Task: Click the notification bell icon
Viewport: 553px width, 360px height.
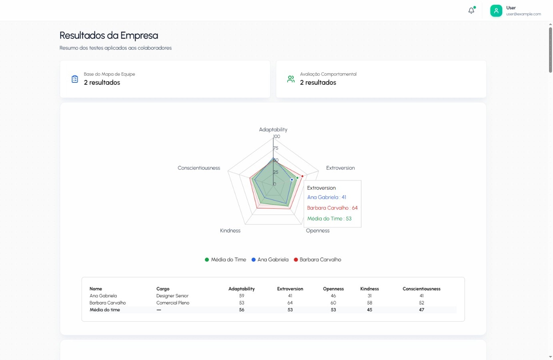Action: pyautogui.click(x=471, y=11)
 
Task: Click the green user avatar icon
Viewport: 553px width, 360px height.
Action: pyautogui.click(x=496, y=11)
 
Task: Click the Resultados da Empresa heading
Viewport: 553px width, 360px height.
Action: pyautogui.click(x=108, y=36)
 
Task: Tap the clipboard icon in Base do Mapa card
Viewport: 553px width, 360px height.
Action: pyautogui.click(x=75, y=79)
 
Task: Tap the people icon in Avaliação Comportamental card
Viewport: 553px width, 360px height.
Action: pyautogui.click(x=291, y=79)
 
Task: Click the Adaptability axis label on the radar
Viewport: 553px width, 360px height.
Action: pyautogui.click(x=273, y=130)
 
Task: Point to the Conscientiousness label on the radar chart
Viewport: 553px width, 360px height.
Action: pyautogui.click(x=199, y=168)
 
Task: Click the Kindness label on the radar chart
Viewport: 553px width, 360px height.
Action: pyautogui.click(x=230, y=231)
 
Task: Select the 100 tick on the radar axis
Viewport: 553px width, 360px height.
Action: pyautogui.click(x=276, y=136)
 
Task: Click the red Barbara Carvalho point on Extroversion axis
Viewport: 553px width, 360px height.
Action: pyautogui.click(x=302, y=176)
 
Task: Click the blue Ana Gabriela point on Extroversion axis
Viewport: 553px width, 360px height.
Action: pyautogui.click(x=292, y=180)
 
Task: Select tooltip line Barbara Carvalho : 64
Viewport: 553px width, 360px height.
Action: pyautogui.click(x=332, y=208)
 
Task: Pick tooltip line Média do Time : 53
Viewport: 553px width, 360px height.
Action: pyautogui.click(x=329, y=219)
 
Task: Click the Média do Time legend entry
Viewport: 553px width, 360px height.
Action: pyautogui.click(x=225, y=260)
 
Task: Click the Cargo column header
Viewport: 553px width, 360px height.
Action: pyautogui.click(x=163, y=289)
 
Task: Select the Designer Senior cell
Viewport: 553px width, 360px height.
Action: pyautogui.click(x=172, y=296)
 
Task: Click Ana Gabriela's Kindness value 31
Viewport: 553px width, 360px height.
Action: pyautogui.click(x=369, y=296)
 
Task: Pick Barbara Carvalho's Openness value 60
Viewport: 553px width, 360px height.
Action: pyautogui.click(x=333, y=303)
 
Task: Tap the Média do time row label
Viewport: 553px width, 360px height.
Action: pyautogui.click(x=105, y=310)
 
